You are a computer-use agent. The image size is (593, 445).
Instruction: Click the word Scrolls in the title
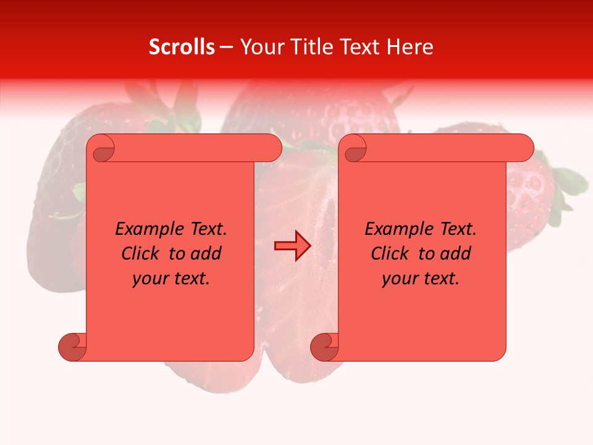182,47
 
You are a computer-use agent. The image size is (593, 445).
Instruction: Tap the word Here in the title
410,47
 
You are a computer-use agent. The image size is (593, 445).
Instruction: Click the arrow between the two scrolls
292,246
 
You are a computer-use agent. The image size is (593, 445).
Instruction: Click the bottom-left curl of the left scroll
73,347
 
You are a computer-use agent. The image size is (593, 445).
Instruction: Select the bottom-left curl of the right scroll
324,347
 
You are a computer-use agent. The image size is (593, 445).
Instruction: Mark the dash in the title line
226,48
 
